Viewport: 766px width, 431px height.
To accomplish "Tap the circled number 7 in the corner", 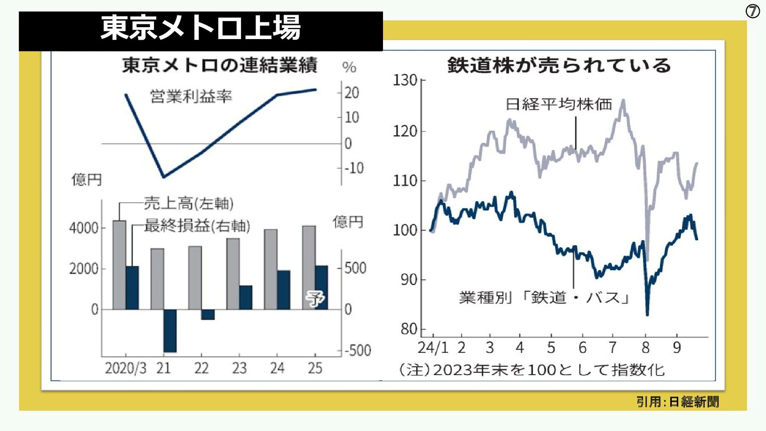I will click(752, 12).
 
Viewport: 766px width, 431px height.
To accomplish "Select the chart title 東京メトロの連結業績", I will click(220, 65).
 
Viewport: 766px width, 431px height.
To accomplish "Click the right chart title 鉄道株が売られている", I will click(559, 65).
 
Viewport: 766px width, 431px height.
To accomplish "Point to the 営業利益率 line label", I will click(191, 97).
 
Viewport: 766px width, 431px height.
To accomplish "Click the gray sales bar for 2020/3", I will click(119, 265).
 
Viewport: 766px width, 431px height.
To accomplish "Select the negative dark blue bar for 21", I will click(170, 330).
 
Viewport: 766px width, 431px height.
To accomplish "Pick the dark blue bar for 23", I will click(246, 297).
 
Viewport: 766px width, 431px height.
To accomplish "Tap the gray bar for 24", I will click(271, 269).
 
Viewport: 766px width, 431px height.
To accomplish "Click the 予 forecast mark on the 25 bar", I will click(315, 298).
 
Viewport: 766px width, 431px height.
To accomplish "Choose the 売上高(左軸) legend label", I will click(188, 204).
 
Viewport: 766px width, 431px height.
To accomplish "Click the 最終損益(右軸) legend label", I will click(197, 226).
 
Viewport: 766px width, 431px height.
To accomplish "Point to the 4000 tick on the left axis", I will click(83, 228).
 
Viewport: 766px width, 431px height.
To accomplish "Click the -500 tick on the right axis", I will click(357, 351).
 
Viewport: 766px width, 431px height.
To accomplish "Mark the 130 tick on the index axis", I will click(405, 80).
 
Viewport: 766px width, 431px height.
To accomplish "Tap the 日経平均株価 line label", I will click(559, 105).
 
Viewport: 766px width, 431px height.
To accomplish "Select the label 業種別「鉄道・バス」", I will click(544, 298).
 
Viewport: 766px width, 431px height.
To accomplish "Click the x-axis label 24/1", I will click(433, 348).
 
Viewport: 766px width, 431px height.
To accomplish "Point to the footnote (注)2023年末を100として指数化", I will click(532, 370).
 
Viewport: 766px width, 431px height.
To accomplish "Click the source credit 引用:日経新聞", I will click(677, 401).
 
